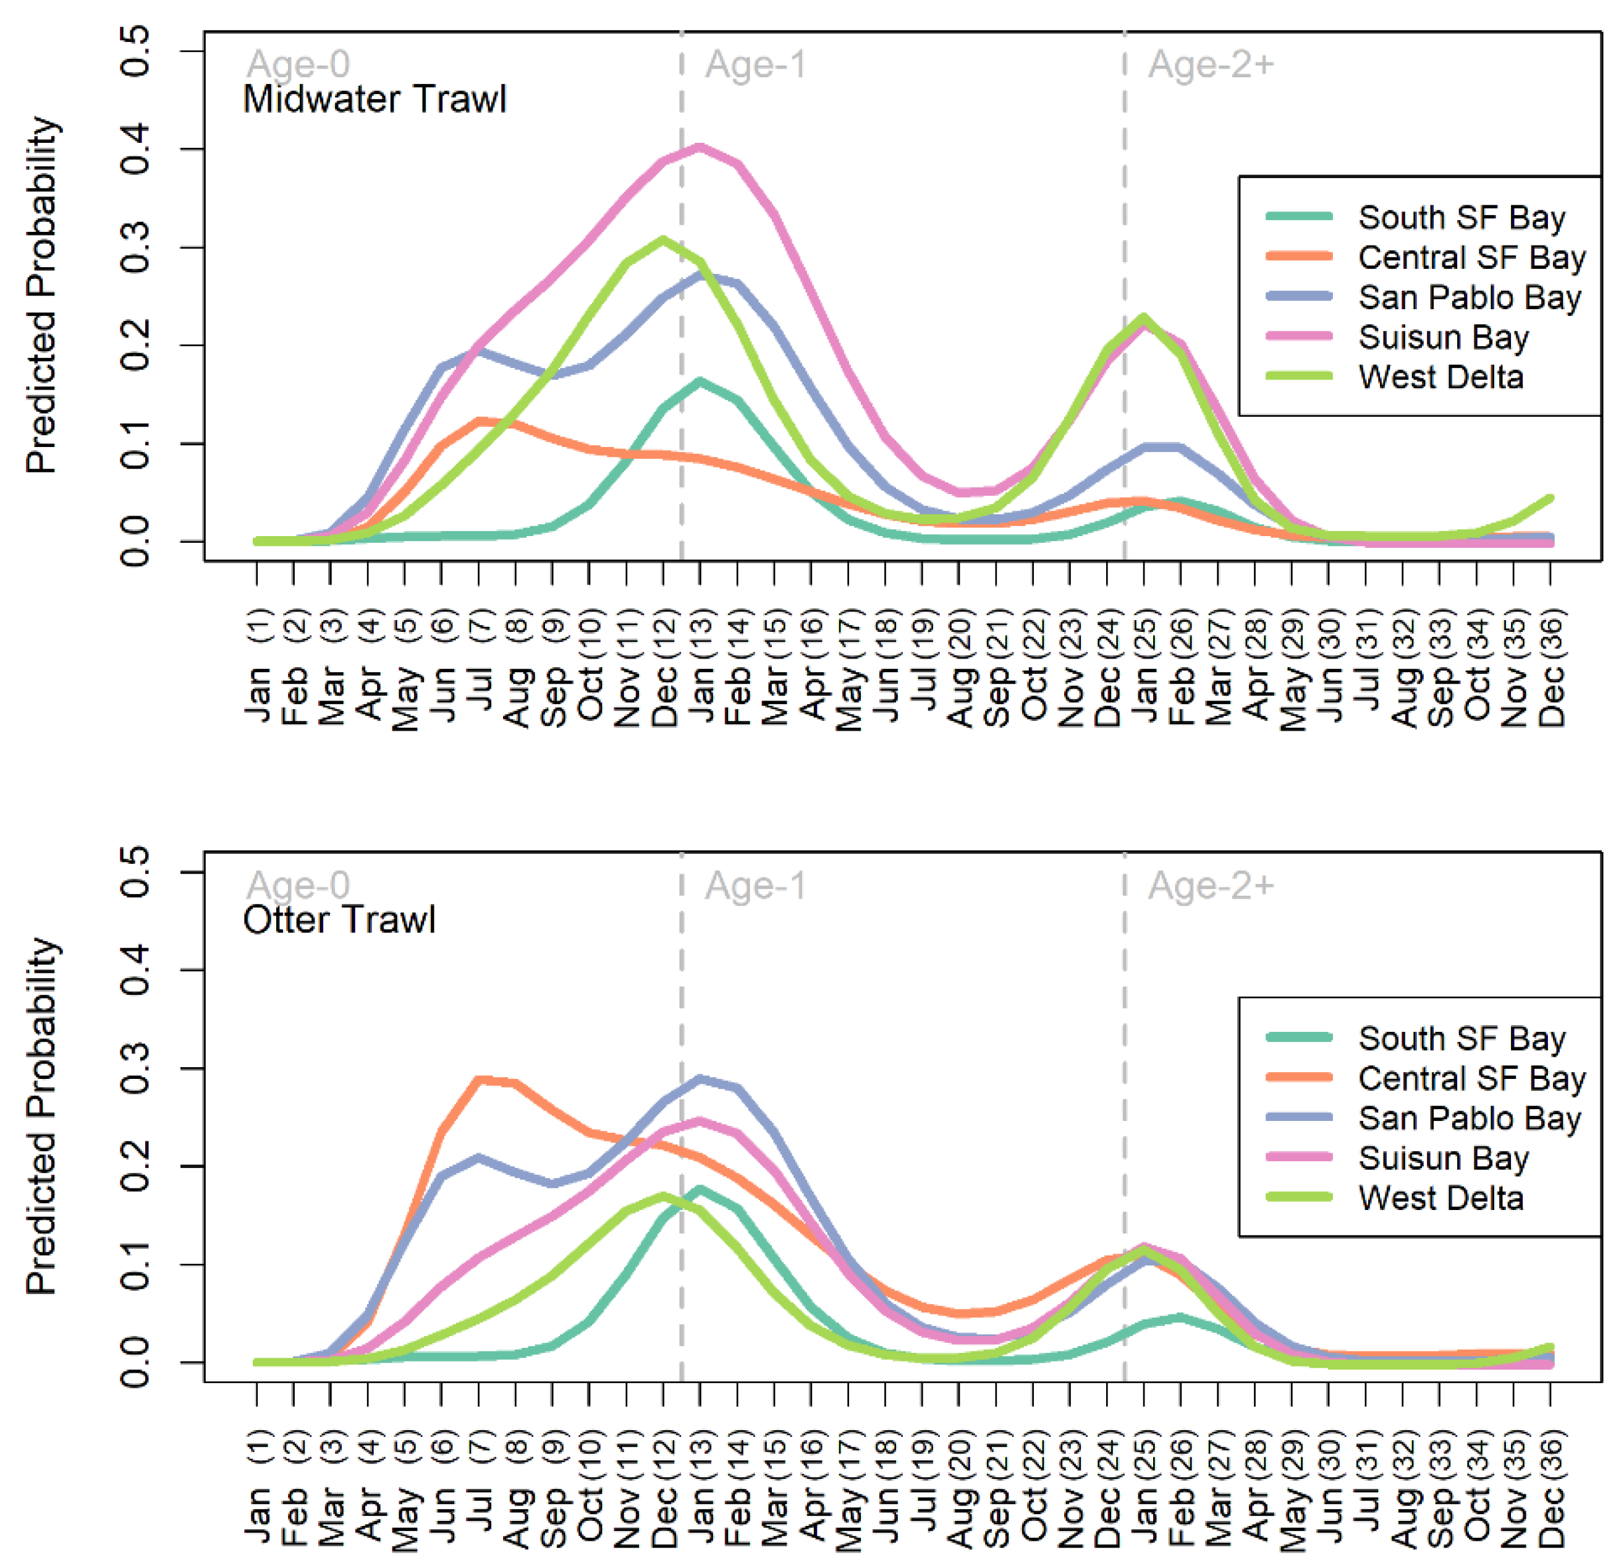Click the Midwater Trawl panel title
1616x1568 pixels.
374,99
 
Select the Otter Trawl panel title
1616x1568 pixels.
339,919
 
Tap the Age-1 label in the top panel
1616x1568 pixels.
755,64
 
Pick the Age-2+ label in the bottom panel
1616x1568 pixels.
1211,885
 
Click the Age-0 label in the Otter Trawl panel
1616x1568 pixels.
298,885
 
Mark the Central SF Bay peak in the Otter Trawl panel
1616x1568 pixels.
481,1079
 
